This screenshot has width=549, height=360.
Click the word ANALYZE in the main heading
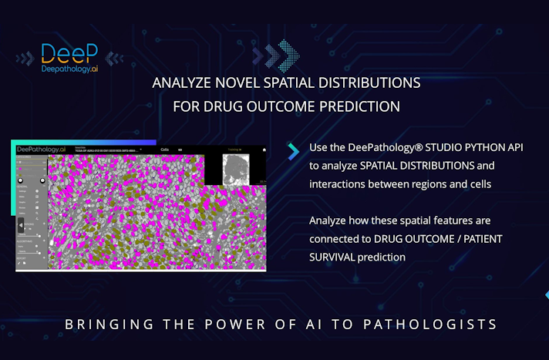180,82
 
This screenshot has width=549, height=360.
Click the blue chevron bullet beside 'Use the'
293,151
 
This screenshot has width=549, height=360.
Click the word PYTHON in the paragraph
481,147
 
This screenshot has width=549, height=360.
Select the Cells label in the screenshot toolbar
164,150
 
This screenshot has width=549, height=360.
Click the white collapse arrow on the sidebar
22,225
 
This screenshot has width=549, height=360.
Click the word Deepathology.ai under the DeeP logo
70,68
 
